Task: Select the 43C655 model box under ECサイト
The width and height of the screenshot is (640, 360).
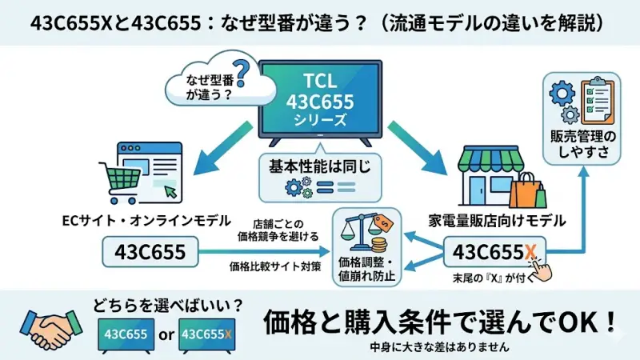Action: (152, 254)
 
